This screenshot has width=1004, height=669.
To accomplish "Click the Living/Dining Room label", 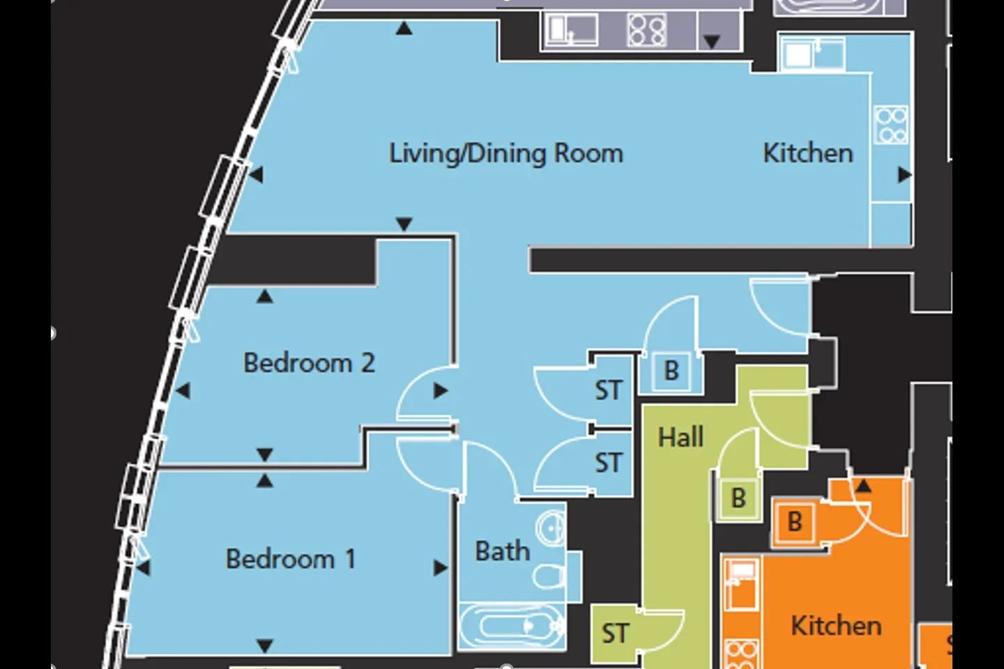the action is (506, 154).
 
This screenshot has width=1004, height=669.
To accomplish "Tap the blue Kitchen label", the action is (808, 153).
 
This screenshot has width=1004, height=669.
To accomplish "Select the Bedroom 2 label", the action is (310, 362).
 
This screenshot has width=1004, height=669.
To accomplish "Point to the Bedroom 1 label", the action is (291, 559).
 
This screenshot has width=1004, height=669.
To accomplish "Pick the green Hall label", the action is (680, 437).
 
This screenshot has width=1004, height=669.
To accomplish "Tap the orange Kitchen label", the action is (837, 626).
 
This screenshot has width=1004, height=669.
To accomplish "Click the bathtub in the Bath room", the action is (512, 626).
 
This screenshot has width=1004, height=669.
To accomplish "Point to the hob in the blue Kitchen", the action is (891, 125).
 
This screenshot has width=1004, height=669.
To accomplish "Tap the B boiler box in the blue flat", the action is (671, 371).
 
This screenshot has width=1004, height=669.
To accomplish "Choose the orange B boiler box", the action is (794, 521).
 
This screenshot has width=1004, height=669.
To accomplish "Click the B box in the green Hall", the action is (738, 498).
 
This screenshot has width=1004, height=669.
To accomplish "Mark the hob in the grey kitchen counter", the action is (646, 30).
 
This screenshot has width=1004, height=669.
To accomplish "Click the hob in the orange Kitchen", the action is (741, 654).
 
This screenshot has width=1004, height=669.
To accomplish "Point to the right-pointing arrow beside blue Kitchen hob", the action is (904, 175).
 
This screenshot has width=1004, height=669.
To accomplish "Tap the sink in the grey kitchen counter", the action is (570, 29).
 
